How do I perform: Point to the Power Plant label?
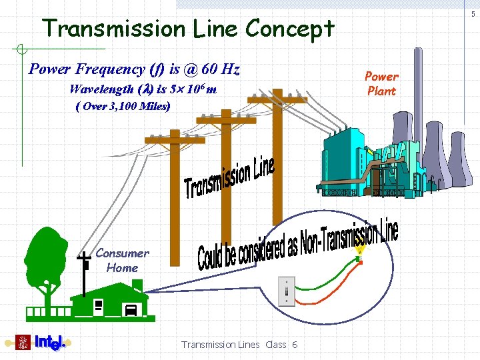(x=381, y=84)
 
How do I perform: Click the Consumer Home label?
(x=122, y=261)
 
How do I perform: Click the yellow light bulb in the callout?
(x=360, y=251)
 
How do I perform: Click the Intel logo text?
(x=49, y=343)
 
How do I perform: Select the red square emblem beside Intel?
(x=23, y=343)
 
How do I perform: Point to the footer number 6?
(x=295, y=345)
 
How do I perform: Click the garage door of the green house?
(x=131, y=310)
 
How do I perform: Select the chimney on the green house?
(x=137, y=285)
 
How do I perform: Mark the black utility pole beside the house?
(x=84, y=273)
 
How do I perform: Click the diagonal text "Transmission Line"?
(x=229, y=178)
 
